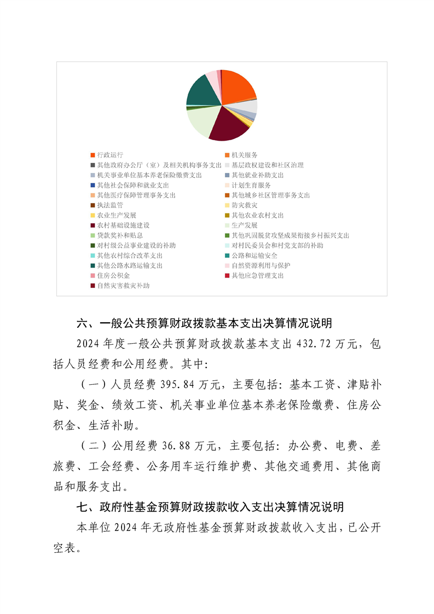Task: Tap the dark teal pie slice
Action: [x=201, y=91]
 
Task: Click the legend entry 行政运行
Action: [x=109, y=155]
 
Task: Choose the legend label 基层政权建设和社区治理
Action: [x=267, y=165]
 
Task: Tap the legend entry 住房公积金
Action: [x=113, y=275]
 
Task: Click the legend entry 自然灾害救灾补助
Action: [x=123, y=286]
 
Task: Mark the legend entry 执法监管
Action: [x=109, y=205]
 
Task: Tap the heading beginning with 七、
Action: [x=210, y=507]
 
